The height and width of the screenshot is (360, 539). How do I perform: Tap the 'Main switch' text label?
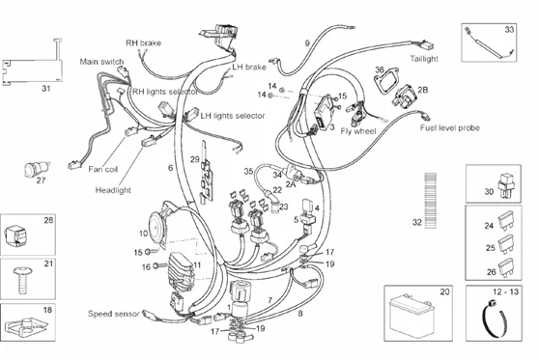(x=102, y=63)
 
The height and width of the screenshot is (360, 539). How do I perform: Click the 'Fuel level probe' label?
(x=450, y=127)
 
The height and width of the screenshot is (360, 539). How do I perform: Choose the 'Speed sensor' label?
(x=114, y=314)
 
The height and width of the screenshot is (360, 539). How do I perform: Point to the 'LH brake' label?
(x=249, y=68)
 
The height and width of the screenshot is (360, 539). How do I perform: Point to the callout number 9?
(x=307, y=43)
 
